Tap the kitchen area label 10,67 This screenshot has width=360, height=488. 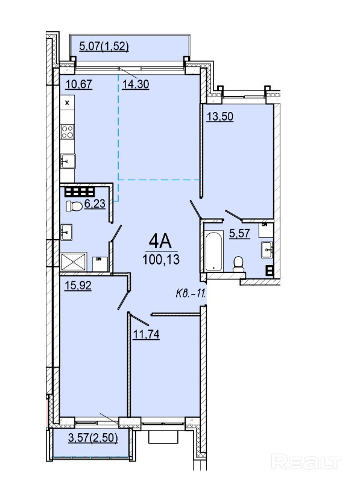(79, 84)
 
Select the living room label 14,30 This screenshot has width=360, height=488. (136, 84)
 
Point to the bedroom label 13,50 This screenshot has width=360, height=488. (220, 117)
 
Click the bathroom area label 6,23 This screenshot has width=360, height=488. (95, 204)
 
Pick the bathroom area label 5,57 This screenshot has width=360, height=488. (239, 233)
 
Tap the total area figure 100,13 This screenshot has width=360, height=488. (161, 259)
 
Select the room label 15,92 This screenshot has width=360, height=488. (78, 286)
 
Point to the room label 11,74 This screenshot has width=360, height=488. (146, 334)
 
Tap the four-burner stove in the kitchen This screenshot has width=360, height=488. (68, 132)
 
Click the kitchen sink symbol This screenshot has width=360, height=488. (68, 161)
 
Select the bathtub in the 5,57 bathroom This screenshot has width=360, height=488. (213, 251)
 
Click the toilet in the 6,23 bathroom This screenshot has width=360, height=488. (74, 205)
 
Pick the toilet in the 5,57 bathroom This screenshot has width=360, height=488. (239, 264)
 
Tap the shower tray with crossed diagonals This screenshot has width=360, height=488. (74, 262)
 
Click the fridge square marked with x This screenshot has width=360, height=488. (68, 102)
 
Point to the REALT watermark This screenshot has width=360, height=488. (307, 461)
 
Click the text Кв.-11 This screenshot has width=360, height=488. (191, 294)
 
